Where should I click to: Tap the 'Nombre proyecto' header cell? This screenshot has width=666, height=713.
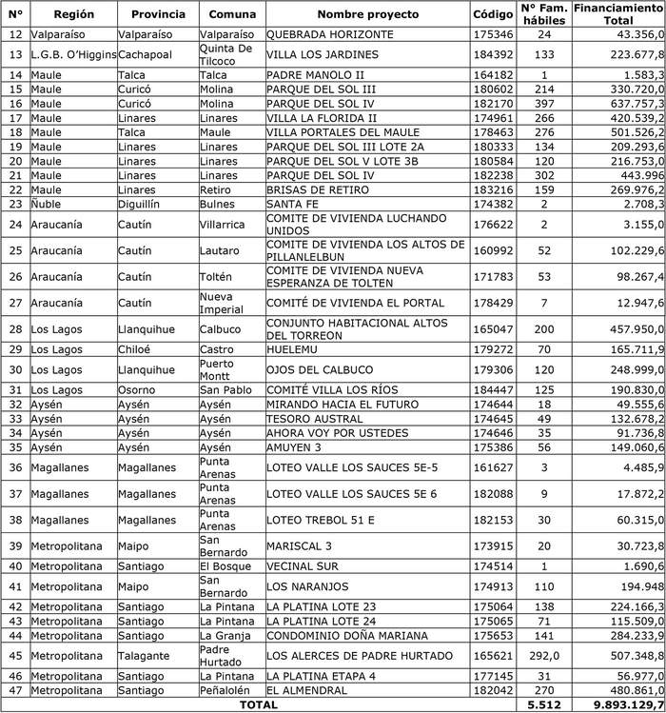[367, 15]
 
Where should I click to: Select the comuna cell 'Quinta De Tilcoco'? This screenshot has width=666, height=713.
[226, 54]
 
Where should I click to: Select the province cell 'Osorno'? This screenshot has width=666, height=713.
[138, 390]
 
